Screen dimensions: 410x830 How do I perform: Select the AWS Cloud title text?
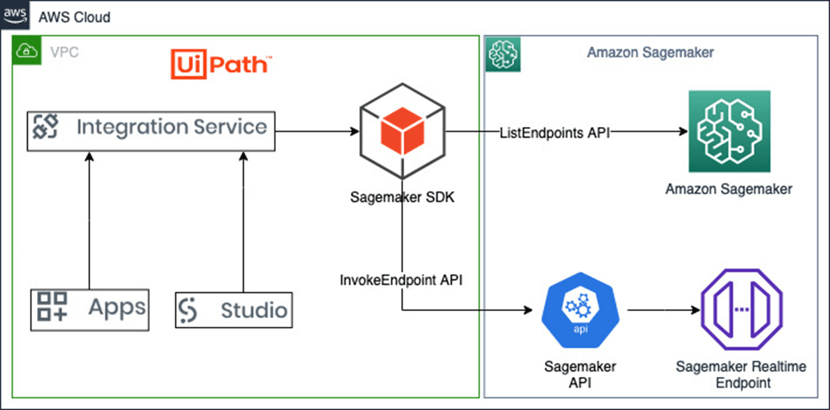pyautogui.click(x=75, y=17)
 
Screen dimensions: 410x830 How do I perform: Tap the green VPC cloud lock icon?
pyautogui.click(x=27, y=50)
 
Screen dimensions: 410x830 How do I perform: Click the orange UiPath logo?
pyautogui.click(x=222, y=65)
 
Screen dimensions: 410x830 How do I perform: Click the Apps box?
pyautogui.click(x=89, y=309)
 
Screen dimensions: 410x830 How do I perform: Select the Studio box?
pyautogui.click(x=234, y=310)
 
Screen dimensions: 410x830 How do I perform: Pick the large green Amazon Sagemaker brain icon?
pyautogui.click(x=728, y=132)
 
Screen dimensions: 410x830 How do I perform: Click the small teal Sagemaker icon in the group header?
pyautogui.click(x=500, y=52)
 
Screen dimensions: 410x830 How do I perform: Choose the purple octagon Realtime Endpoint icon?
pyautogui.click(x=741, y=311)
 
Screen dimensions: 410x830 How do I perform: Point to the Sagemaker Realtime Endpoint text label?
pyautogui.click(x=741, y=374)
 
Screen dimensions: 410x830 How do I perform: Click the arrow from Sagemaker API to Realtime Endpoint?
pyautogui.click(x=663, y=311)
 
